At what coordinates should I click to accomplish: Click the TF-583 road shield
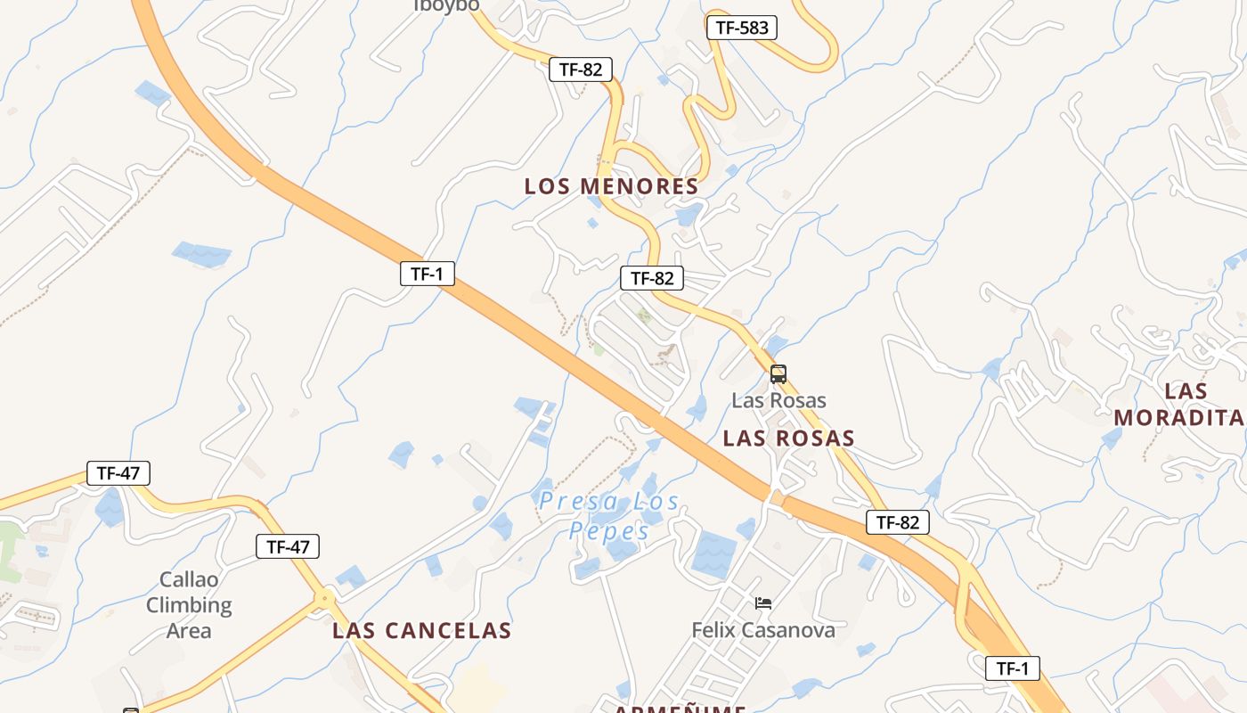(x=741, y=28)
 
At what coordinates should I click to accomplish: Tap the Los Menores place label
(x=611, y=186)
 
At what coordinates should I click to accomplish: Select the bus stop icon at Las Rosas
(x=778, y=374)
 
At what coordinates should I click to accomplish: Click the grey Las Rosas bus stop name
(x=778, y=400)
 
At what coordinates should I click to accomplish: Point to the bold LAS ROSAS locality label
(x=788, y=438)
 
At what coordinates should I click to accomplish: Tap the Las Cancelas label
(x=421, y=631)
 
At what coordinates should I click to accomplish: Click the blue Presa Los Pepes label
(x=609, y=516)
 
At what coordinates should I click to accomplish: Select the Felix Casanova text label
(x=763, y=630)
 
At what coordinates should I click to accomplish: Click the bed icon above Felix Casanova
(x=763, y=603)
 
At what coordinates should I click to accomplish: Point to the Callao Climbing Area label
(x=189, y=605)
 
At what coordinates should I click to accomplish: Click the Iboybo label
(x=446, y=5)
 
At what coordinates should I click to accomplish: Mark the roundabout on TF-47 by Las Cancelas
(x=326, y=597)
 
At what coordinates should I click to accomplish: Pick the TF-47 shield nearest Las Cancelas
(x=288, y=546)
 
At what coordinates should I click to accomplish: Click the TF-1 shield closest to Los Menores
(x=427, y=274)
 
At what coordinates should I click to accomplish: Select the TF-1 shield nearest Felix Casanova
(x=1012, y=668)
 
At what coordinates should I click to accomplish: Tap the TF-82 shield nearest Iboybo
(x=581, y=70)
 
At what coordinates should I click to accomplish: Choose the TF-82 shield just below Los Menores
(x=652, y=278)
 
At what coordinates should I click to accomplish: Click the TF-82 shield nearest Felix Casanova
(x=897, y=522)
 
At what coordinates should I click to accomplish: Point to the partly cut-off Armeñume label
(x=679, y=709)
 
